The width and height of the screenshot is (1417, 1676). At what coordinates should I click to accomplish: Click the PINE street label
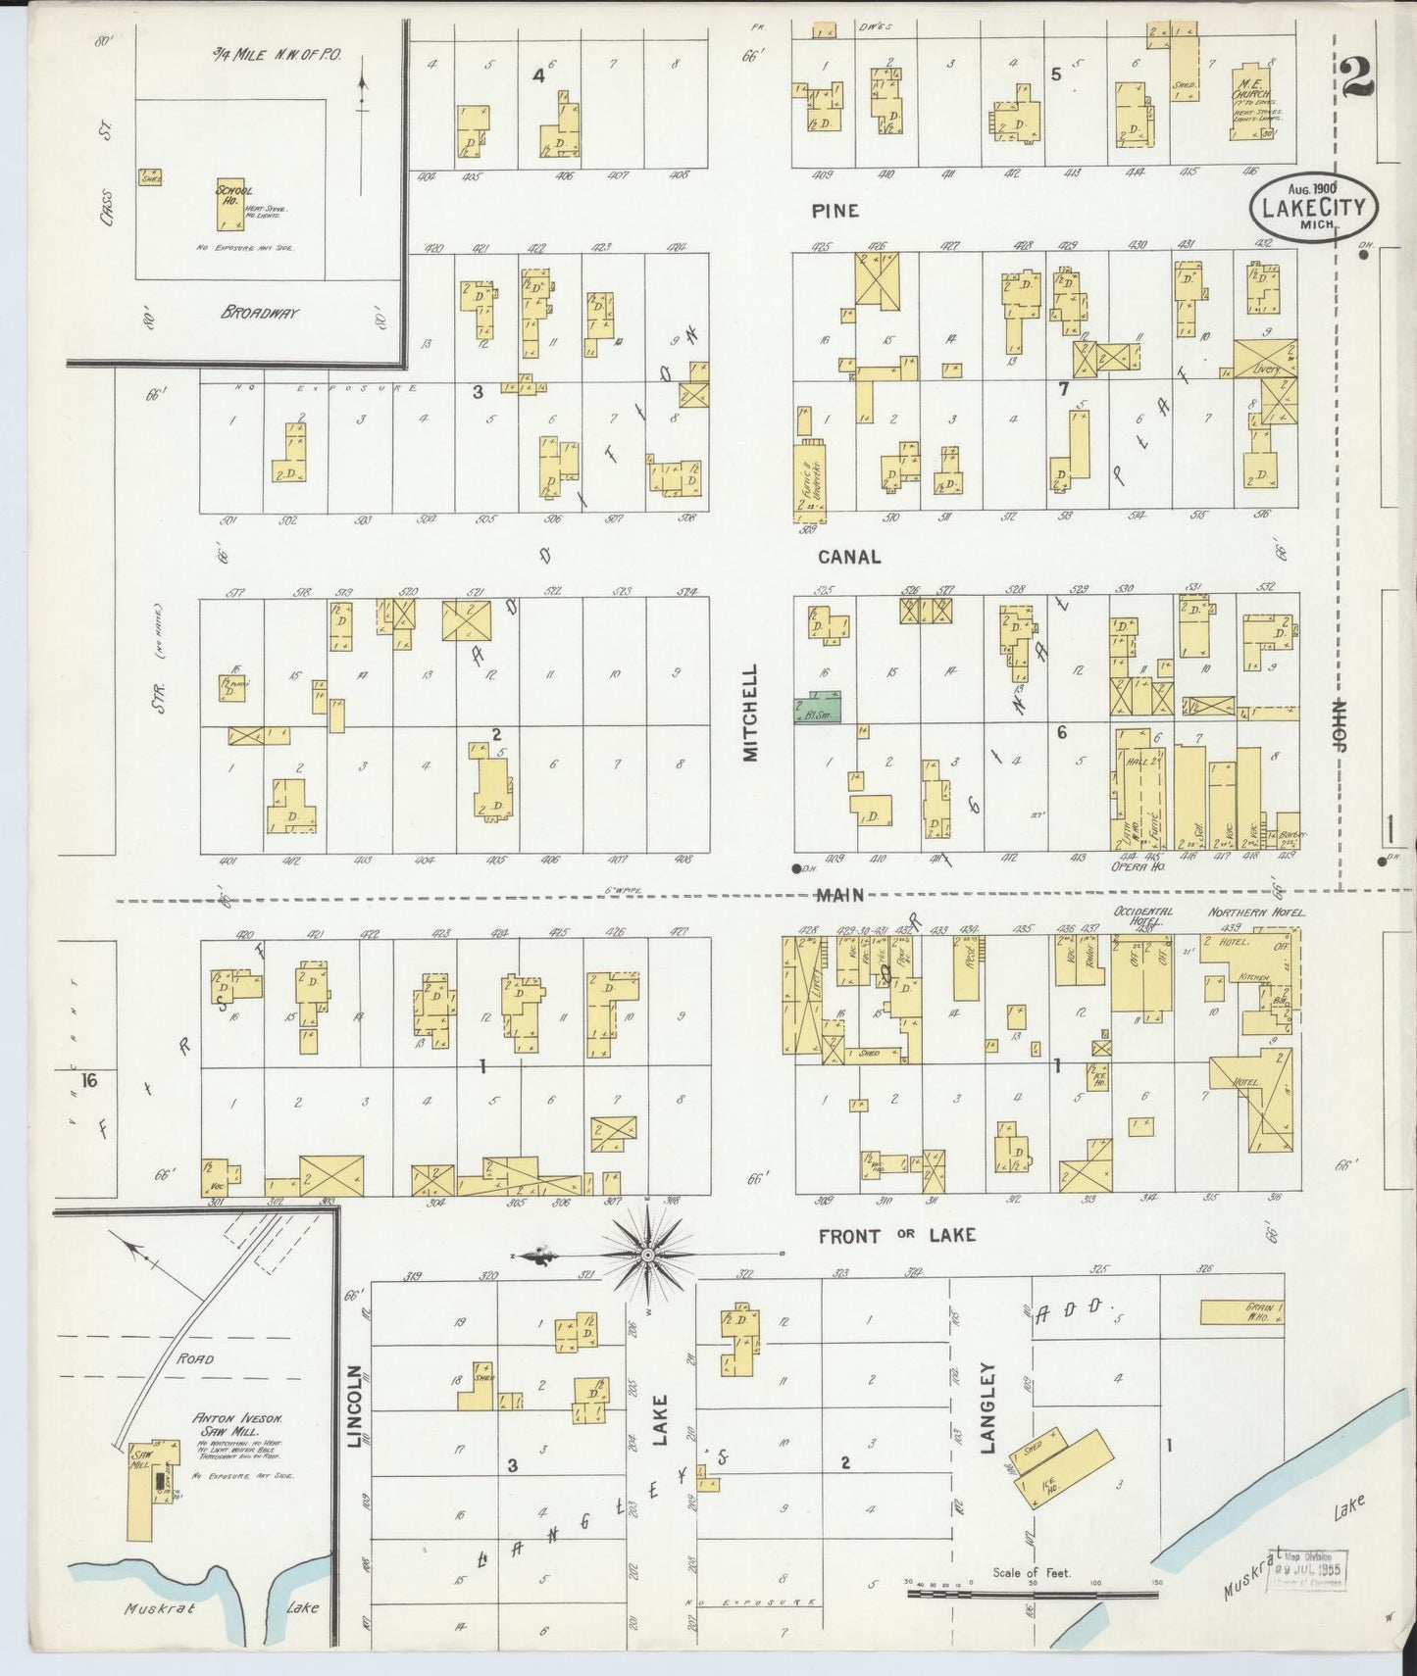point(835,210)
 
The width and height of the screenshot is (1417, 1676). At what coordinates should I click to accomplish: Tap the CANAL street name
point(849,556)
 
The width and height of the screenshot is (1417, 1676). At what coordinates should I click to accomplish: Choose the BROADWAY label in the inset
point(259,313)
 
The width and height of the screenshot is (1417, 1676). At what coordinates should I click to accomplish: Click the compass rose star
point(648,1253)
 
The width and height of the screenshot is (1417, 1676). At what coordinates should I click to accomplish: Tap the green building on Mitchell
point(818,710)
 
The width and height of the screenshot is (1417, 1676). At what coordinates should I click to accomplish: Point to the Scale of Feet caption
point(1032,1573)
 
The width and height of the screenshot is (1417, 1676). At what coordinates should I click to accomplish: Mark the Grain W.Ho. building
point(1241,1311)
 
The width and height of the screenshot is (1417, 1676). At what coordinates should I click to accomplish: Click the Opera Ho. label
point(1131,866)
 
